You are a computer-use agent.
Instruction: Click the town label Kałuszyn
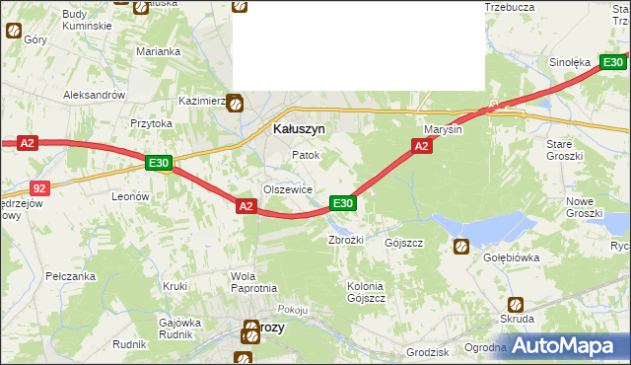298,128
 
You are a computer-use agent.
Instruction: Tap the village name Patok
305,156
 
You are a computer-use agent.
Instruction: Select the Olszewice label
287,189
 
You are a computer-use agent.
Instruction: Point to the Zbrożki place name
346,240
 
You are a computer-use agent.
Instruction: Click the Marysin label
443,129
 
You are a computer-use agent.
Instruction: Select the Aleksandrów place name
94,95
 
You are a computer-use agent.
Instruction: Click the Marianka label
159,51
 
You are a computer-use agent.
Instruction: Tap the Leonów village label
129,196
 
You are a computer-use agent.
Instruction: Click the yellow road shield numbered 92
38,187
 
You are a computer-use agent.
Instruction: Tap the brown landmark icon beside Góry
14,31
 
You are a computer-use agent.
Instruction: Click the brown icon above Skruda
515,304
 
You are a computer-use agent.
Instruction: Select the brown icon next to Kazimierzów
236,102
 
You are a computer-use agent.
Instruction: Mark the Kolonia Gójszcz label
365,292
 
